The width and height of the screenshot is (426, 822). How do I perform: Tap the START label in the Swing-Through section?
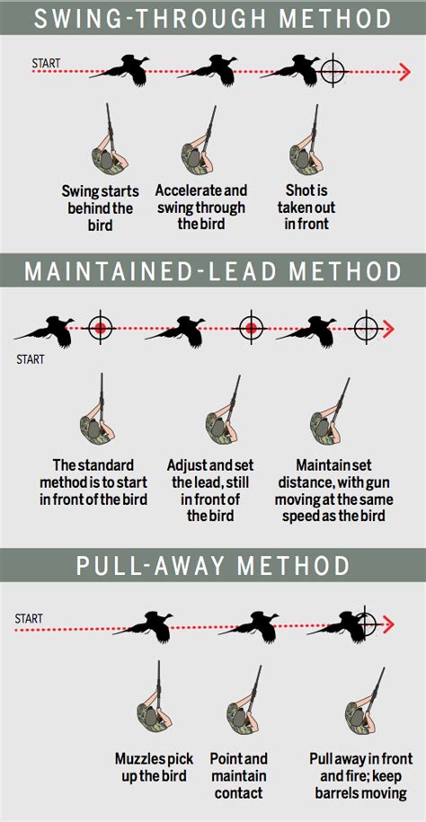46,63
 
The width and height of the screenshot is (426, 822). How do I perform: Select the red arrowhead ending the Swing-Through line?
404,72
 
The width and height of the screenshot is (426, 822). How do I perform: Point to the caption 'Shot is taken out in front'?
306,207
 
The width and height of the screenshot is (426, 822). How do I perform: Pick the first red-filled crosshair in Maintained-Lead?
102,328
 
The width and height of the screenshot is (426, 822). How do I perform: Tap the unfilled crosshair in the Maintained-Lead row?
366,328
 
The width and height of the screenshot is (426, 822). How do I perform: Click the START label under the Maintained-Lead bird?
31,360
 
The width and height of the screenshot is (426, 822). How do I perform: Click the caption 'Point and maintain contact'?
239,776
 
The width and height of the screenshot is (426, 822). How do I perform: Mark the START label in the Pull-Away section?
29,619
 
